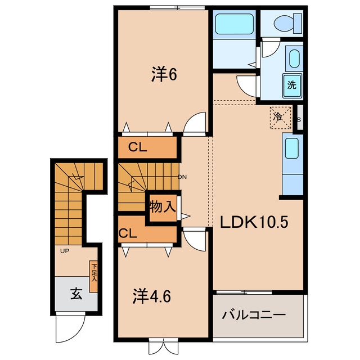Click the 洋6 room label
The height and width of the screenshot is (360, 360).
click(x=164, y=74)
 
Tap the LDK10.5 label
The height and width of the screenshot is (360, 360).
click(x=254, y=222)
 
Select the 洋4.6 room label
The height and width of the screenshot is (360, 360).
click(x=151, y=296)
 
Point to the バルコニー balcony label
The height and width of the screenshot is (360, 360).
click(x=254, y=314)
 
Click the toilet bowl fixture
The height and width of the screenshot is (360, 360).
click(x=285, y=23)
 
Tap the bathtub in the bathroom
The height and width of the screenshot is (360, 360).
click(x=235, y=24)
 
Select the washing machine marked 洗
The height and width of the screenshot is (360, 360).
click(x=292, y=85)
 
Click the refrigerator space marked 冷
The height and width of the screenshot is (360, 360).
click(x=281, y=118)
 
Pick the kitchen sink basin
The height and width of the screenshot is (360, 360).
click(x=291, y=148)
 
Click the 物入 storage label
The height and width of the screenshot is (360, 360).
click(x=163, y=206)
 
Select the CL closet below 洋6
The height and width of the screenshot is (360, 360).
click(x=138, y=147)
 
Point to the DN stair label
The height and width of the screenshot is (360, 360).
click(x=182, y=177)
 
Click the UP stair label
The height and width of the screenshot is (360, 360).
click(x=65, y=251)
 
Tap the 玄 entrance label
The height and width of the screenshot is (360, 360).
click(x=76, y=294)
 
